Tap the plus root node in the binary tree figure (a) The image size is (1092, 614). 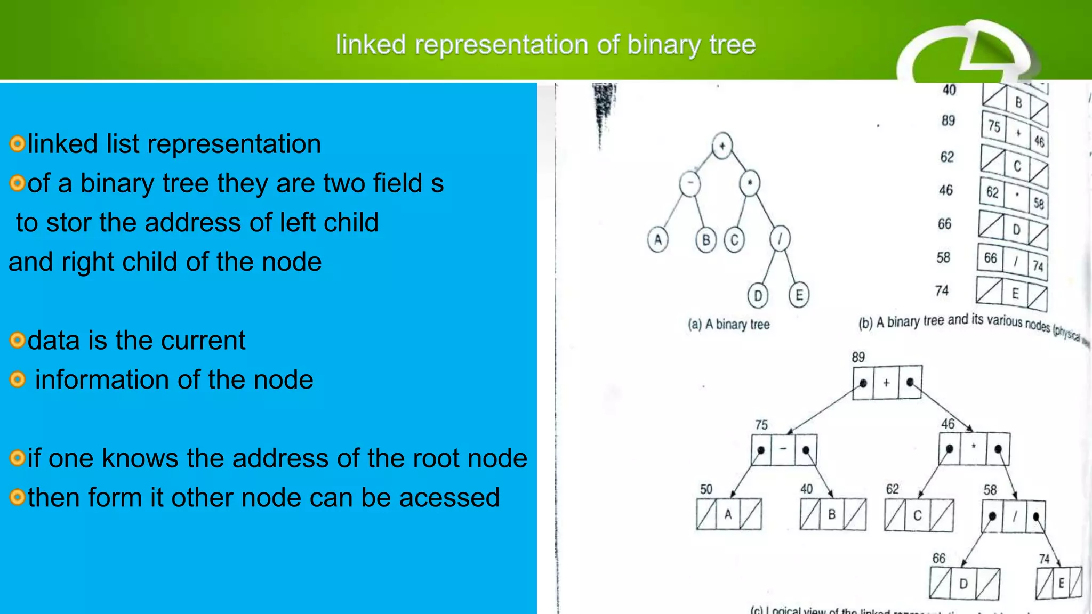pos(722,146)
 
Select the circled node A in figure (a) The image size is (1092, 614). pos(657,239)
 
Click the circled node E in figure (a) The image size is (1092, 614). pos(799,295)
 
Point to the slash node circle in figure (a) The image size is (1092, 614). pos(780,238)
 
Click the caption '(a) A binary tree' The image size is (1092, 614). pos(728,324)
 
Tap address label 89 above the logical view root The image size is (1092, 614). pos(858,357)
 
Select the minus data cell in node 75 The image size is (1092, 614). pos(783,449)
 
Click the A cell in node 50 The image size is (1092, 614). pos(728,514)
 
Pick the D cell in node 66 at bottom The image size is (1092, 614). pos(963,584)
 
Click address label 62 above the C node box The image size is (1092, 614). pos(892,489)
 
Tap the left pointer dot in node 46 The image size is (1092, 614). pos(949,449)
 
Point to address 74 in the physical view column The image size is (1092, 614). pos(942,290)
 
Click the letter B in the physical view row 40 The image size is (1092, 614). pos(1018,102)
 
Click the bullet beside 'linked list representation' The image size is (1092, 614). pos(17,144)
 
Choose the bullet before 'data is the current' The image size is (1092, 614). pos(17,340)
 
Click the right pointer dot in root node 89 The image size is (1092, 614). pos(910,382)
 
